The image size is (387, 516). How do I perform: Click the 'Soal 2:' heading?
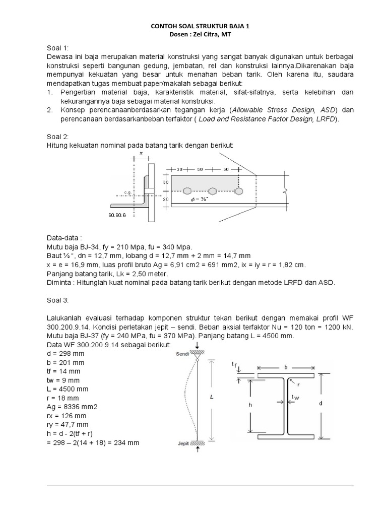[58, 136]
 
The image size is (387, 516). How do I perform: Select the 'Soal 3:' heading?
[58, 301]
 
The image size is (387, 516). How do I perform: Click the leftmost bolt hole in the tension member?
[188, 191]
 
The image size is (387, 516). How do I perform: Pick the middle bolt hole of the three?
[213, 191]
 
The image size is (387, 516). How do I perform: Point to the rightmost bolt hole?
[238, 191]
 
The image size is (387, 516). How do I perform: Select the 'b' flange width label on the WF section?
[286, 367]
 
